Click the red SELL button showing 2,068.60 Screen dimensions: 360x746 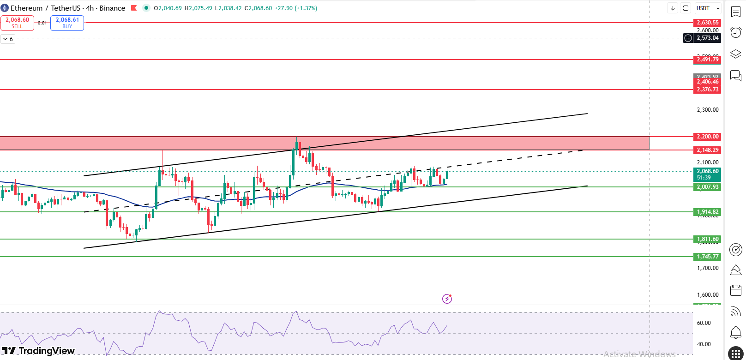point(17,23)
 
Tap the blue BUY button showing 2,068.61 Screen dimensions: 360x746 point(67,23)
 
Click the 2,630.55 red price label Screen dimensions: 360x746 point(707,23)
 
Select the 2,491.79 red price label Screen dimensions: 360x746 point(707,60)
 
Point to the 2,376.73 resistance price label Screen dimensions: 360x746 point(707,90)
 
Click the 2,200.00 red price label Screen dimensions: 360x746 point(707,137)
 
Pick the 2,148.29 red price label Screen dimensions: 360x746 point(707,150)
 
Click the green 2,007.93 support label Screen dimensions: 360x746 point(707,187)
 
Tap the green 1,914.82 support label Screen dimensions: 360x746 point(707,212)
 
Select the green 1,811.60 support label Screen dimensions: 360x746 point(707,239)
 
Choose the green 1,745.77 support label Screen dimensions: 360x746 point(707,257)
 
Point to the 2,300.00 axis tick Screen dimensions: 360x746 point(707,110)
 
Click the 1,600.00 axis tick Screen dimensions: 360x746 point(707,295)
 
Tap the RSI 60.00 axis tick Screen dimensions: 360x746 point(704,323)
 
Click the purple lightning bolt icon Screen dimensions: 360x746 point(447,299)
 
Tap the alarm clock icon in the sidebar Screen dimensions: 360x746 point(736,32)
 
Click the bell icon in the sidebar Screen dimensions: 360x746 point(736,332)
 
